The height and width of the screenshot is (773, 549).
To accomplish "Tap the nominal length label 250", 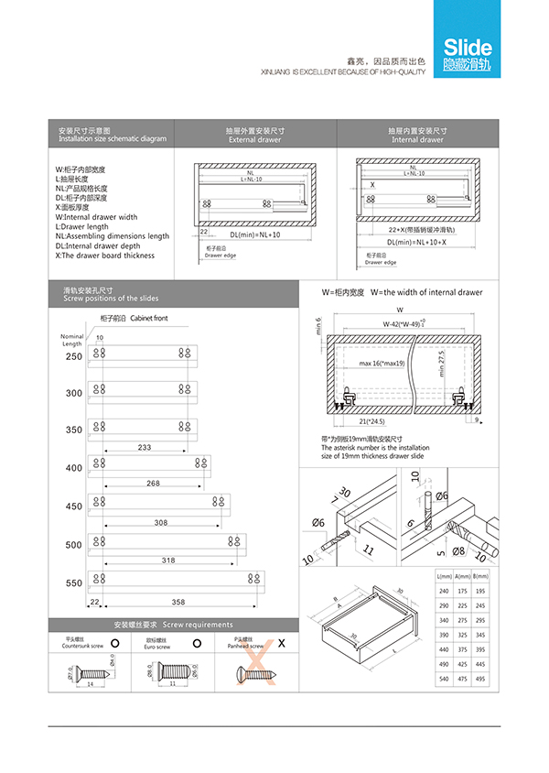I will [x=73, y=356].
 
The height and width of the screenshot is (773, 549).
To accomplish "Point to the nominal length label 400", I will [x=73, y=468].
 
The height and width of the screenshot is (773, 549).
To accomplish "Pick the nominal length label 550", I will [x=73, y=583].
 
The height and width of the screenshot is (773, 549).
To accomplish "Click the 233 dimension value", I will [x=145, y=448].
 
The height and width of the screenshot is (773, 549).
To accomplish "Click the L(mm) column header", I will [x=446, y=575].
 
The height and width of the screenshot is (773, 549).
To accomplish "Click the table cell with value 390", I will [x=446, y=634].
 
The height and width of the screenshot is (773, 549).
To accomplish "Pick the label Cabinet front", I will [x=149, y=319].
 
